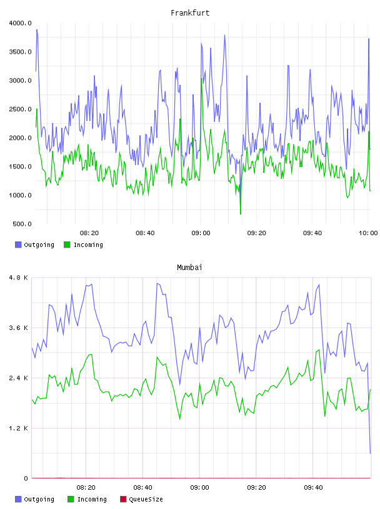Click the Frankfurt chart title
[190, 13]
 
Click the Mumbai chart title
[189, 268]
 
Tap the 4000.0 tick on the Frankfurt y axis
[21, 23]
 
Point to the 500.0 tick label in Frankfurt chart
[22, 224]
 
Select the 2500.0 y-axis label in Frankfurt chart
[21, 109]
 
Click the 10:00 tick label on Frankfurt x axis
[368, 233]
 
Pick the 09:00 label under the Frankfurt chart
[201, 233]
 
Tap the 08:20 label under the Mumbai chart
[86, 488]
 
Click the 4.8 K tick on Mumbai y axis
[19, 278]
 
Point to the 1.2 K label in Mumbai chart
[19, 429]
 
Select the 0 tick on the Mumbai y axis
[26, 478]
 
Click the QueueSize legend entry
[141, 499]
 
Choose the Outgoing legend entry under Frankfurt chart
[35, 245]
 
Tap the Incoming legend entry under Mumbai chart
[87, 499]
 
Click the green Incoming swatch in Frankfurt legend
[67, 245]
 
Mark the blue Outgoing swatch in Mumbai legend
[18, 499]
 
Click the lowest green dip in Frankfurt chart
[241, 214]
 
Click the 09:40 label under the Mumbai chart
[313, 488]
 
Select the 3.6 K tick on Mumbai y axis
[19, 328]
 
